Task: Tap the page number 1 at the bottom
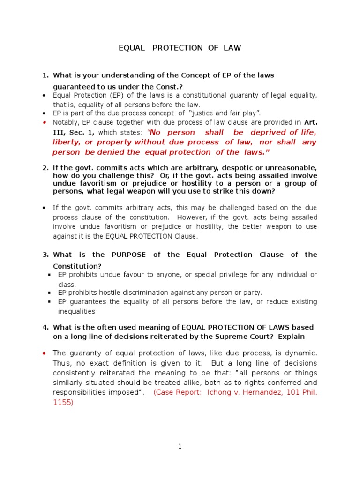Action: click(180, 447)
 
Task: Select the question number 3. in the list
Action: click(45, 255)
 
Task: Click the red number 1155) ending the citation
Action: click(63, 402)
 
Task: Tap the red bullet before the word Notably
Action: click(44, 122)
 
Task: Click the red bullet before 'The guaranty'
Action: click(44, 352)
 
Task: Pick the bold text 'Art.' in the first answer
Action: click(311, 122)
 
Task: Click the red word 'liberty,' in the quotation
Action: click(67, 142)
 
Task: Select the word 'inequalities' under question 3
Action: click(76, 311)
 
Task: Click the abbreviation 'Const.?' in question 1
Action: click(169, 86)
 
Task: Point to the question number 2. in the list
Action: click(45, 168)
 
